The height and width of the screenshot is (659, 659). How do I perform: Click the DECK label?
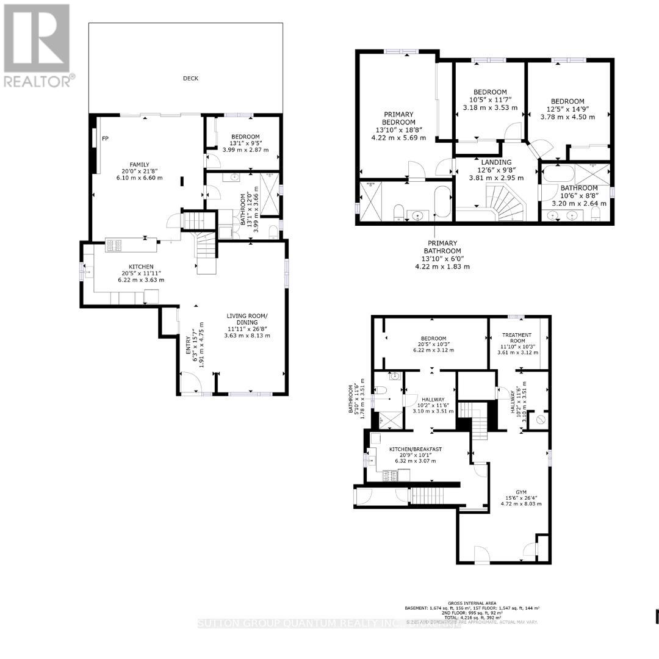coord(190,78)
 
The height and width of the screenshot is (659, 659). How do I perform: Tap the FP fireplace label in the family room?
coord(105,139)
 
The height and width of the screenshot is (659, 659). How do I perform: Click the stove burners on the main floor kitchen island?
coord(114,245)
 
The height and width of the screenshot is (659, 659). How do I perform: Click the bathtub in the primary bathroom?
coord(442,203)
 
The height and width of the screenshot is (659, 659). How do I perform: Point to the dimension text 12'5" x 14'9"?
coord(567,109)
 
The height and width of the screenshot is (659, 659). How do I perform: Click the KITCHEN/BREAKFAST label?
coord(416,449)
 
